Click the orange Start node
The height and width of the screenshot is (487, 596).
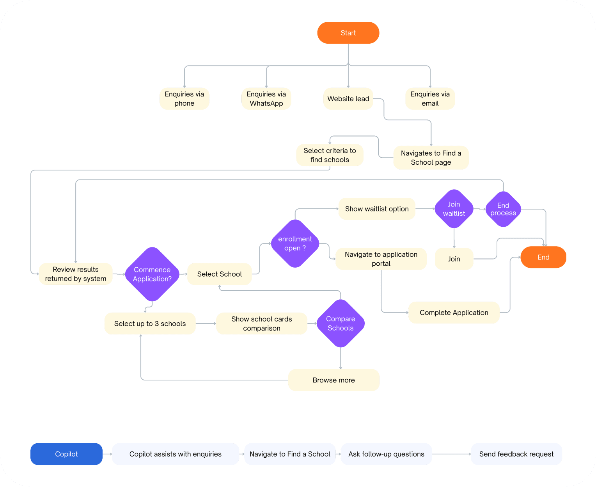click(348, 33)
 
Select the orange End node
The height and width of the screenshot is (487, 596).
click(543, 257)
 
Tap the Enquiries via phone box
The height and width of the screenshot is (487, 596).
click(184, 99)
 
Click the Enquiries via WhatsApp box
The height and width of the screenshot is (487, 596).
click(266, 99)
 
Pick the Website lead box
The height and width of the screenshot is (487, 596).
click(348, 99)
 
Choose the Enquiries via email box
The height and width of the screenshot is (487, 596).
click(430, 99)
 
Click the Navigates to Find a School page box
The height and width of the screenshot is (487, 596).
click(431, 158)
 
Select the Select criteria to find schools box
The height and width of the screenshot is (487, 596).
click(330, 155)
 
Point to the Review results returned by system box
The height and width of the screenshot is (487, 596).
click(76, 274)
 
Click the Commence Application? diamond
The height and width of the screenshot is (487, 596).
click(152, 274)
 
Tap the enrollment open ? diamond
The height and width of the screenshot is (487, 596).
click(295, 243)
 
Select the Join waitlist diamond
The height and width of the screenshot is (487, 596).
click(454, 209)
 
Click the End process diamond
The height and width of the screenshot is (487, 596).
click(503, 209)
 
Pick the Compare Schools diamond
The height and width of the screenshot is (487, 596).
click(341, 323)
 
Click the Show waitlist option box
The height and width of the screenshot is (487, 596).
click(377, 209)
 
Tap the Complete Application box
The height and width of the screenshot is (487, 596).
click(454, 313)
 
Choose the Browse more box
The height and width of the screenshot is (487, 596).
click(333, 380)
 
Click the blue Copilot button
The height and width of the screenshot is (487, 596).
click(66, 454)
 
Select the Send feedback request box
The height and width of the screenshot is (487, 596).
click(516, 454)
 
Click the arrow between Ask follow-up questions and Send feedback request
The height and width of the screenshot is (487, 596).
click(451, 454)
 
